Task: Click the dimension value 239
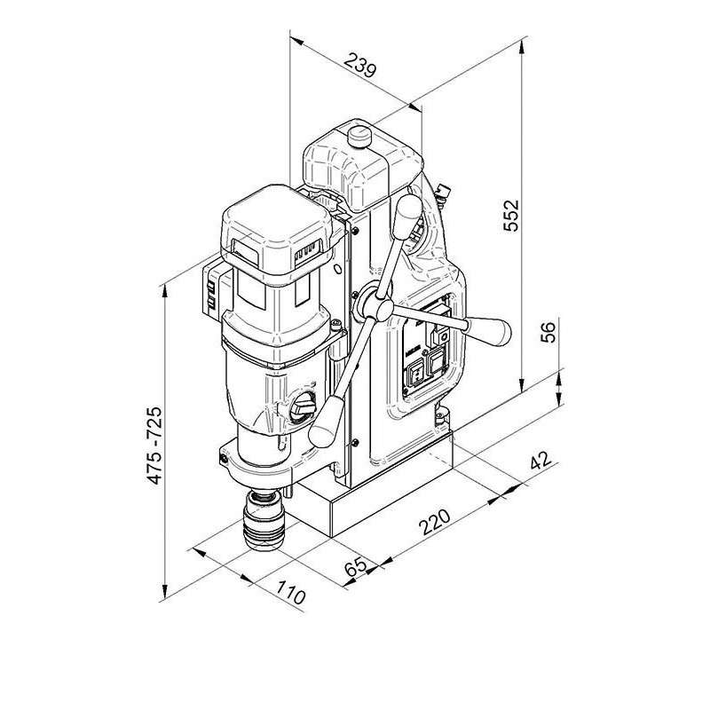point(360,65)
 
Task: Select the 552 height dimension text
point(511,216)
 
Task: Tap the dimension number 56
point(548,332)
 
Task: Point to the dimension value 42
point(541,461)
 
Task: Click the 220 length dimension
point(435,522)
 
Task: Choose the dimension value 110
point(291,593)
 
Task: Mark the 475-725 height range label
point(154,446)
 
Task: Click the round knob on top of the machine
point(359,136)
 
